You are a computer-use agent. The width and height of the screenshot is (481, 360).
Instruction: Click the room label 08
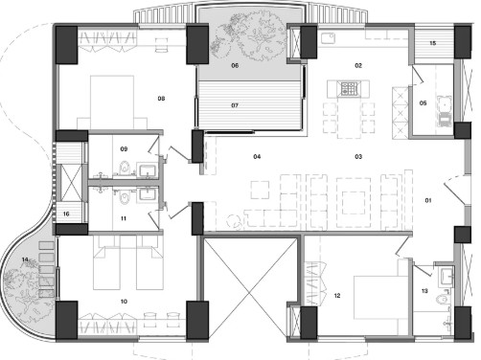pyautogui.click(x=161, y=99)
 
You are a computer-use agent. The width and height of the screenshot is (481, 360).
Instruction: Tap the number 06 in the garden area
pyautogui.click(x=235, y=66)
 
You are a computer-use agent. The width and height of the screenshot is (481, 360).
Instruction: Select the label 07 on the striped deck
pyautogui.click(x=235, y=105)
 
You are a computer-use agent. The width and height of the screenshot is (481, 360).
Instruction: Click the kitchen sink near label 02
pyautogui.click(x=329, y=38)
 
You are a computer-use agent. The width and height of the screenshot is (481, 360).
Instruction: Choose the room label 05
pyautogui.click(x=423, y=103)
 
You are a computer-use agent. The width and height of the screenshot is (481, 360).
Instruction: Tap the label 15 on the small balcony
pyautogui.click(x=433, y=43)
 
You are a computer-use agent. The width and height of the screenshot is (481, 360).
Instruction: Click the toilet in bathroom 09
pyautogui.click(x=124, y=168)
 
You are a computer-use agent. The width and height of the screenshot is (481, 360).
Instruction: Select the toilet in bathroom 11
pyautogui.click(x=124, y=197)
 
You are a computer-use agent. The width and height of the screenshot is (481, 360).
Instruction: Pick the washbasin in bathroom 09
pyautogui.click(x=147, y=169)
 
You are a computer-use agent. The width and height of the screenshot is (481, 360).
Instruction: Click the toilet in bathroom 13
pyautogui.click(x=441, y=299)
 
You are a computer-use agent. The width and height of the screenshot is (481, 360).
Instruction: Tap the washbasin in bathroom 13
pyautogui.click(x=446, y=276)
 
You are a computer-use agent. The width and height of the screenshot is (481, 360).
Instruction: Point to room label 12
pyautogui.click(x=337, y=296)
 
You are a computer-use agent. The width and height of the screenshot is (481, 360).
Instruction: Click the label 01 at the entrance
pyautogui.click(x=428, y=200)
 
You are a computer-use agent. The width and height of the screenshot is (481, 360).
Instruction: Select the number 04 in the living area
pyautogui.click(x=257, y=157)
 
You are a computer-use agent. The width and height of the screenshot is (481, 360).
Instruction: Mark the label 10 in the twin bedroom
pyautogui.click(x=124, y=302)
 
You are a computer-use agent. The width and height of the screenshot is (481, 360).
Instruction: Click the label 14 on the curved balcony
pyautogui.click(x=25, y=259)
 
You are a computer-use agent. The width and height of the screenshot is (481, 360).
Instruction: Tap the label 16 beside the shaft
pyautogui.click(x=66, y=214)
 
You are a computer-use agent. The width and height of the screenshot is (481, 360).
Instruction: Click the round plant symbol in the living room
pyautogui.click(x=235, y=221)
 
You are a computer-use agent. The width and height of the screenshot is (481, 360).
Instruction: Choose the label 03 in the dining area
pyautogui.click(x=358, y=157)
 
